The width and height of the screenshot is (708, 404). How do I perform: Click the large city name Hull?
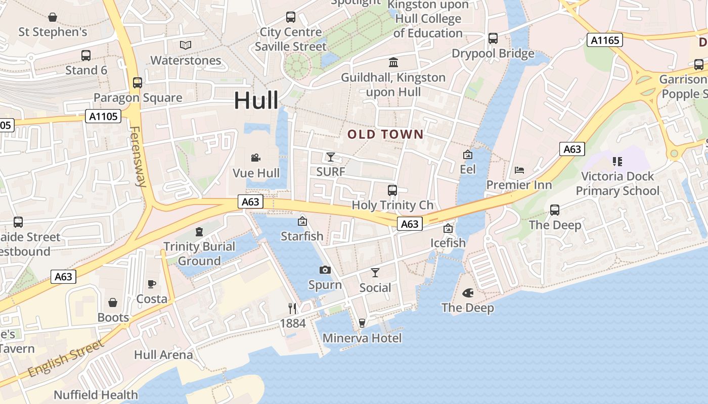pyautogui.click(x=256, y=101)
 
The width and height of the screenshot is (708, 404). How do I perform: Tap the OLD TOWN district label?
pyautogui.click(x=385, y=134)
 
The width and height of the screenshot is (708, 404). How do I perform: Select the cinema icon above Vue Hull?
pyautogui.click(x=256, y=158)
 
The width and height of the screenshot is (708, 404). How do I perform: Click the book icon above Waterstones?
pyautogui.click(x=186, y=45)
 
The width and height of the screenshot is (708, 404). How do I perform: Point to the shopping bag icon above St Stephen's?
pyautogui.click(x=53, y=17)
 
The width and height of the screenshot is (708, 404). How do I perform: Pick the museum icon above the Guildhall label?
pyautogui.click(x=393, y=62)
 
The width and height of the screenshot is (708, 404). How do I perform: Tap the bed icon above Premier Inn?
pyautogui.click(x=519, y=170)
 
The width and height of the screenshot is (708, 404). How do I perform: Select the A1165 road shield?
pyautogui.click(x=604, y=40)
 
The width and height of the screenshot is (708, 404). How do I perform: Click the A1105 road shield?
pyautogui.click(x=103, y=117)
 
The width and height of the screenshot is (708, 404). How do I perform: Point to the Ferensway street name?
pyautogui.click(x=138, y=157)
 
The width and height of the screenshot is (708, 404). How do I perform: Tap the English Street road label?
pyautogui.click(x=66, y=359)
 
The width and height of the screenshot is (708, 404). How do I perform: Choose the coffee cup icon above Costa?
pyautogui.click(x=152, y=284)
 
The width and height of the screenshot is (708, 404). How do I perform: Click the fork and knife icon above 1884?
pyautogui.click(x=292, y=308)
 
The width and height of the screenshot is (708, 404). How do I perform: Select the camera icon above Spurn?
pyautogui.click(x=325, y=270)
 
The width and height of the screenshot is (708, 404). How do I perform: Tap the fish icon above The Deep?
pyautogui.click(x=468, y=292)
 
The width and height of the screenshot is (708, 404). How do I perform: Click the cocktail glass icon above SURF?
pyautogui.click(x=330, y=157)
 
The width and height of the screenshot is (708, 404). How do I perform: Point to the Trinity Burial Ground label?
pyautogui.click(x=199, y=254)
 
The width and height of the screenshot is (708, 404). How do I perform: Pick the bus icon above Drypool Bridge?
pyautogui.click(x=493, y=38)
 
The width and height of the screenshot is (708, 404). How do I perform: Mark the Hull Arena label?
pyautogui.click(x=163, y=355)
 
